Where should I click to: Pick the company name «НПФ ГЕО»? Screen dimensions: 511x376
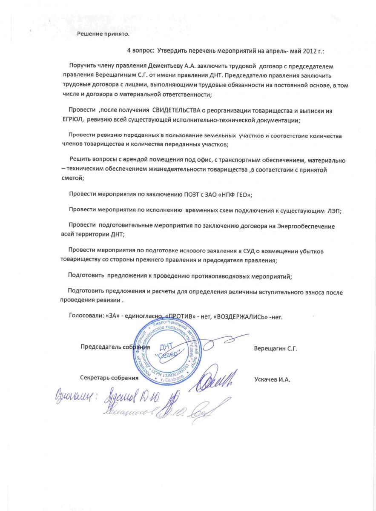[x=234, y=195]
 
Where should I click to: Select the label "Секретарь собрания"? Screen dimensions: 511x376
[x=109, y=378]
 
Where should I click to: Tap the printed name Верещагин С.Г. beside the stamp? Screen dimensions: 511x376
[x=275, y=348]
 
